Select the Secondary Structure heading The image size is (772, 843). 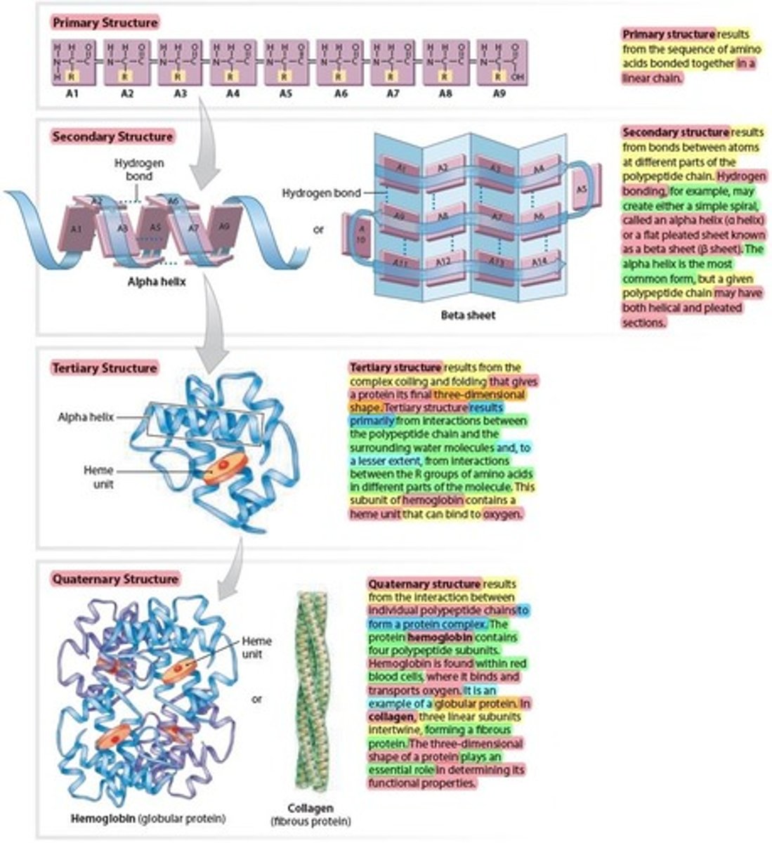(x=112, y=136)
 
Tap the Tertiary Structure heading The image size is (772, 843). (x=105, y=367)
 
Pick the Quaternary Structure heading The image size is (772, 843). (x=115, y=580)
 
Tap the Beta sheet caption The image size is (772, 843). (x=468, y=315)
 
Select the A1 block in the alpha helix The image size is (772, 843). (x=77, y=228)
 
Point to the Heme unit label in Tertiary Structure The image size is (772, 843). (x=103, y=477)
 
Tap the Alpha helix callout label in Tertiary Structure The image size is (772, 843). (x=86, y=417)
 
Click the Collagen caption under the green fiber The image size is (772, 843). (x=310, y=809)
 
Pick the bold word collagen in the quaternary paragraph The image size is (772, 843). (x=392, y=717)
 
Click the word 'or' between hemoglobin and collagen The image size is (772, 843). (x=258, y=699)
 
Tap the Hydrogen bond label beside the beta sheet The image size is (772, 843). (x=322, y=192)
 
